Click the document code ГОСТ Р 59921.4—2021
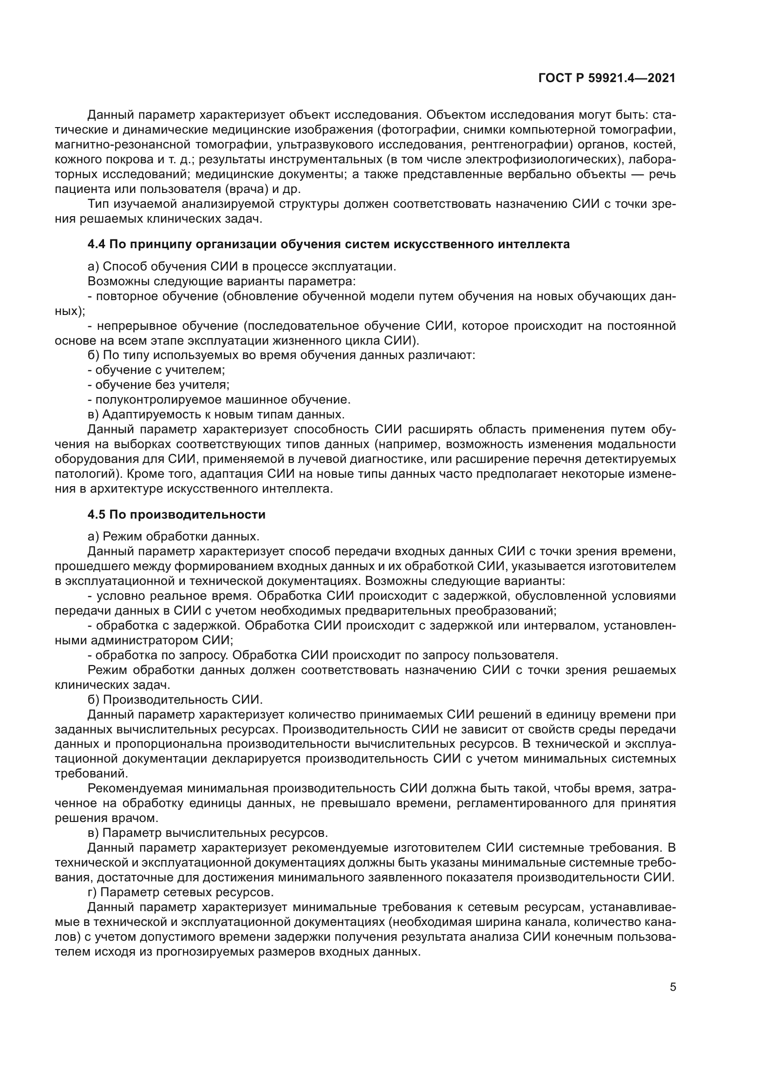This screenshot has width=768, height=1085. point(607,78)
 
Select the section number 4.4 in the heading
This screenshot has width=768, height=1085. point(97,244)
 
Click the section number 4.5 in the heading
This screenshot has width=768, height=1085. point(97,514)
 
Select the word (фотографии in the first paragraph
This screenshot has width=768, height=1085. point(413,129)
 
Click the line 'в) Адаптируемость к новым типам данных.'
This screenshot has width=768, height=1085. point(216,414)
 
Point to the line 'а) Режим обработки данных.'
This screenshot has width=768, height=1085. point(174,536)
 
